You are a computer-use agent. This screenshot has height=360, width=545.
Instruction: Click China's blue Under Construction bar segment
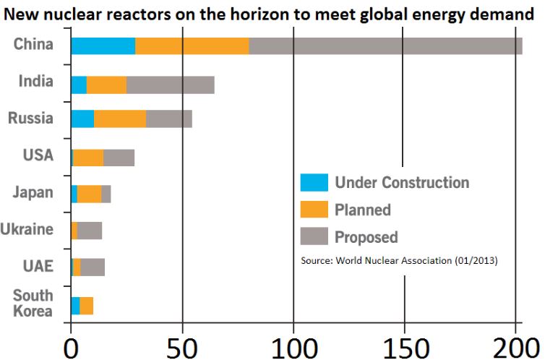[x=103, y=46]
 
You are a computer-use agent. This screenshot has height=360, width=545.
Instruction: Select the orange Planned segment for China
[x=192, y=46]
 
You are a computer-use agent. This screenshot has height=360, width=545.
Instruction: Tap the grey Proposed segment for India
[x=170, y=84]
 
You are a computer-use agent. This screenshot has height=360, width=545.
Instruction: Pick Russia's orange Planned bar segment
[x=120, y=119]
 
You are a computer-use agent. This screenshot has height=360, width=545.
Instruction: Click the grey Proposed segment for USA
[x=119, y=158]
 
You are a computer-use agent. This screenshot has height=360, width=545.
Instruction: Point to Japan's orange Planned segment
[x=89, y=194]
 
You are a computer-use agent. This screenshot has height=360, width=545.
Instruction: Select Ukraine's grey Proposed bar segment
[x=90, y=231]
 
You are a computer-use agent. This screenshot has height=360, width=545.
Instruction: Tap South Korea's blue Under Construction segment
[x=75, y=306]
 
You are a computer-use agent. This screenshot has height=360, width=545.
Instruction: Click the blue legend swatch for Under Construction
[x=314, y=182]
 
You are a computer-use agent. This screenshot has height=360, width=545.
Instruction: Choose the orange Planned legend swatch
[x=314, y=210]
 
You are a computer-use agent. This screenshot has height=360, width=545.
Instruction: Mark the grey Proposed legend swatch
[x=314, y=236]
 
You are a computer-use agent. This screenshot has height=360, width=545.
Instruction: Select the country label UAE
[x=38, y=266]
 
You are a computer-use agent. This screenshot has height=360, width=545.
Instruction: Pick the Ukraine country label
[x=27, y=230]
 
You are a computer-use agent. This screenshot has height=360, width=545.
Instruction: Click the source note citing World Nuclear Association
[x=398, y=260]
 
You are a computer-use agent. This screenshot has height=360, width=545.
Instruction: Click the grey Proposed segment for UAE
[x=93, y=267]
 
